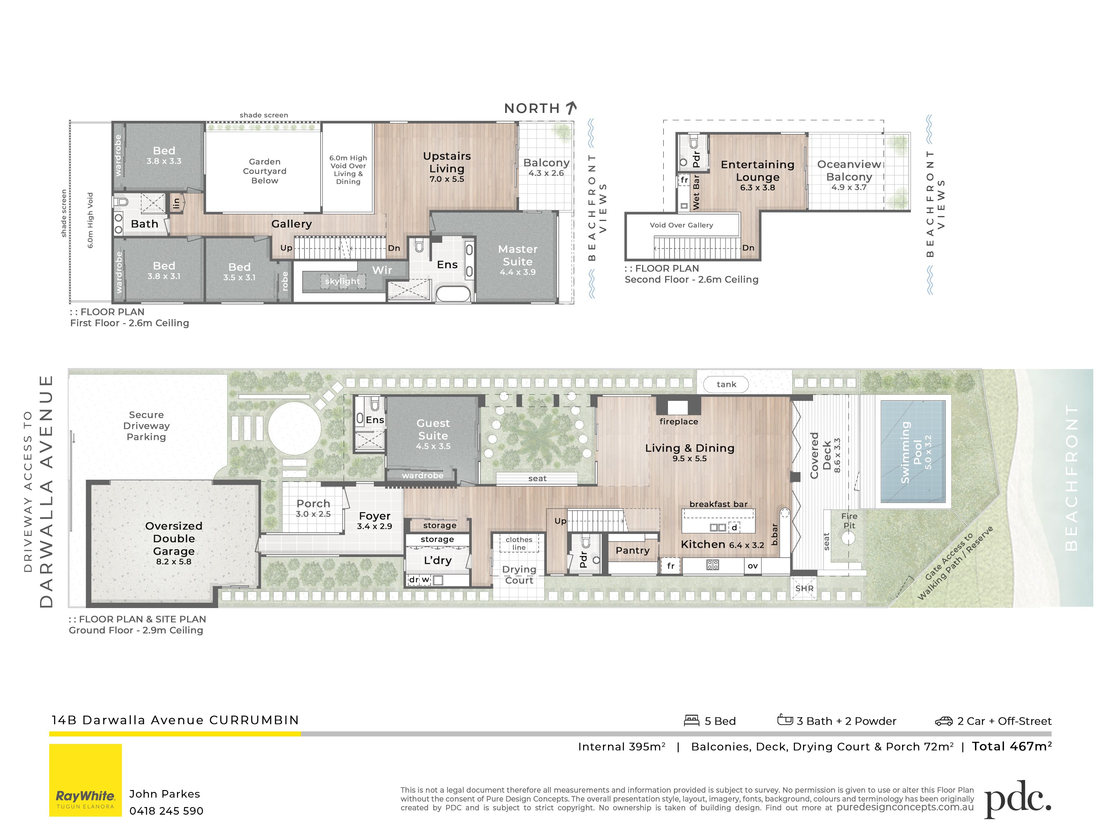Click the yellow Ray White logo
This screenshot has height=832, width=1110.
click(x=85, y=780)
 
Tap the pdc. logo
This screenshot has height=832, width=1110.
click(x=1018, y=798)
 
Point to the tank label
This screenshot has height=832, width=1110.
click(x=726, y=384)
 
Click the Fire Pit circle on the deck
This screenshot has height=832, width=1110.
click(x=848, y=538)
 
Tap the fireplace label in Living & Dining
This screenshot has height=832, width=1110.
click(x=678, y=421)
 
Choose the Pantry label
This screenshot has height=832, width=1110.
click(x=632, y=550)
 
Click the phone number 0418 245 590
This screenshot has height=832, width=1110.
click(x=166, y=811)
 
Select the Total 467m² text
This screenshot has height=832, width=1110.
click(x=1012, y=746)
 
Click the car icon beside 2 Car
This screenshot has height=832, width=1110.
click(x=943, y=721)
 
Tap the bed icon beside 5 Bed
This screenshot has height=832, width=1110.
click(x=692, y=720)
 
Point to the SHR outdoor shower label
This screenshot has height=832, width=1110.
click(x=804, y=588)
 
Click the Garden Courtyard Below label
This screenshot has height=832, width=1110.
click(x=264, y=171)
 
